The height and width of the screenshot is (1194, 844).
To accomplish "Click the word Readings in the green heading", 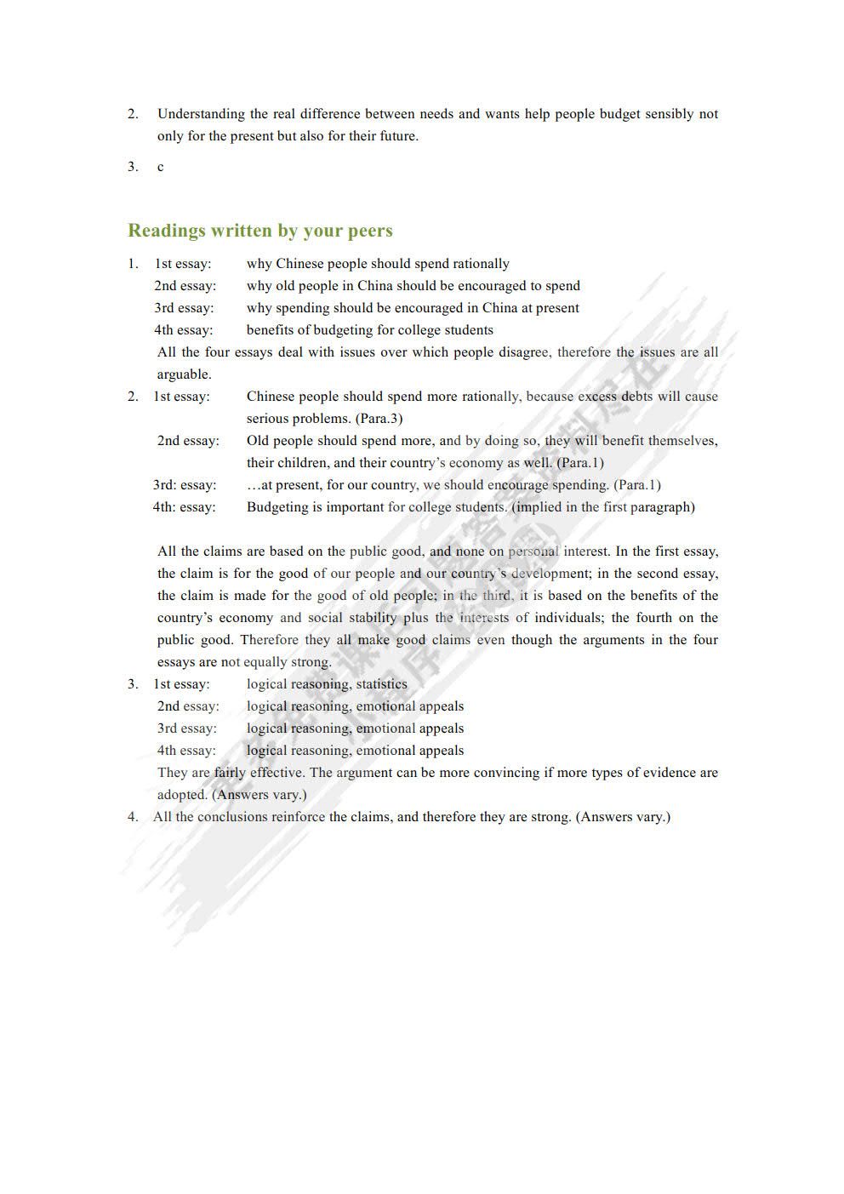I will point(166,231).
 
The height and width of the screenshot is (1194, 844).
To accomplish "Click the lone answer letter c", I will point(160,167).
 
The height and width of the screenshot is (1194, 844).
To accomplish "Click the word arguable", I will point(183,374).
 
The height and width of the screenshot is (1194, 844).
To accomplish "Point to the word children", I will point(300,463).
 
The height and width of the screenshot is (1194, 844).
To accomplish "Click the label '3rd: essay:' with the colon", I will point(185,485).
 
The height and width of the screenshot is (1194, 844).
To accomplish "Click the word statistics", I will point(381,684).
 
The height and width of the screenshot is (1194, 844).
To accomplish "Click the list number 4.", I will point(133,817).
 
